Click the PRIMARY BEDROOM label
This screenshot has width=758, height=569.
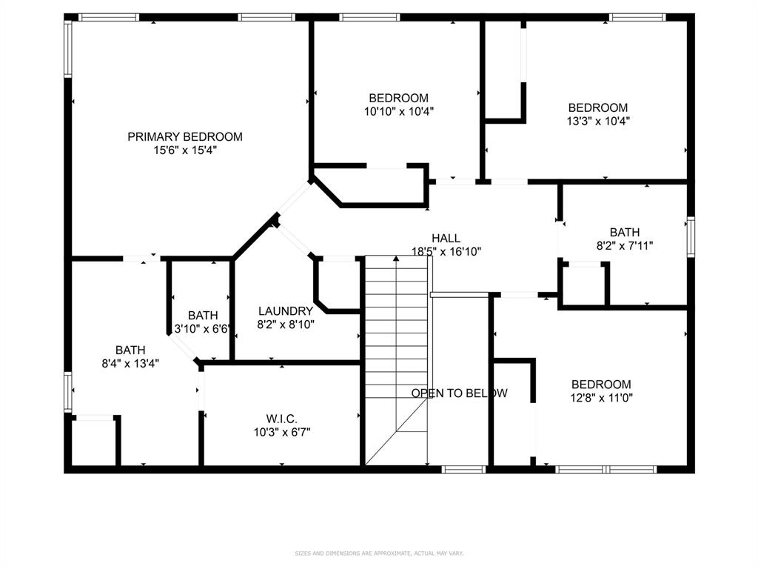pos(184,136)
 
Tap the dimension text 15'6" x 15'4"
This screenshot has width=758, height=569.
pos(184,150)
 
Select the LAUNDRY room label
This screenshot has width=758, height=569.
pos(285,311)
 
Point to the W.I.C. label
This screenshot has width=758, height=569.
pos(281,419)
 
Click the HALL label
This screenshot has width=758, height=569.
pos(446,238)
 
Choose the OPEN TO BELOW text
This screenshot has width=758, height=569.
pos(459,393)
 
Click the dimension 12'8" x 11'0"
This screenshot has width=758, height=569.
pos(601,397)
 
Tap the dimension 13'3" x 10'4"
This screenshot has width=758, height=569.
pos(597,120)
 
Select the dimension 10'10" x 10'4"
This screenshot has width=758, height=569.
pos(398,111)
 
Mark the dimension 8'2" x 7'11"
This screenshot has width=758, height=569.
pos(624,245)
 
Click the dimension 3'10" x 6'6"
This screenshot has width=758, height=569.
pos(202,328)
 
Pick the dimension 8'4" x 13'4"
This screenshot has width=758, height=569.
pos(130,363)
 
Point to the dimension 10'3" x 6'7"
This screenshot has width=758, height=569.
pos(281,432)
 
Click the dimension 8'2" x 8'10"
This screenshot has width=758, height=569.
pos(286,324)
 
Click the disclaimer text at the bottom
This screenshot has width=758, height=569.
pos(378,553)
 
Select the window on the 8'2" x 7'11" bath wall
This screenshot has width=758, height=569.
pos(690,237)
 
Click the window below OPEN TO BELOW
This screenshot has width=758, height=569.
pos(463,469)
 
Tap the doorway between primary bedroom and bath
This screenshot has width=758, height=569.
pos(141,259)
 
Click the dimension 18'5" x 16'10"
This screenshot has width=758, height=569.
pos(446,251)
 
